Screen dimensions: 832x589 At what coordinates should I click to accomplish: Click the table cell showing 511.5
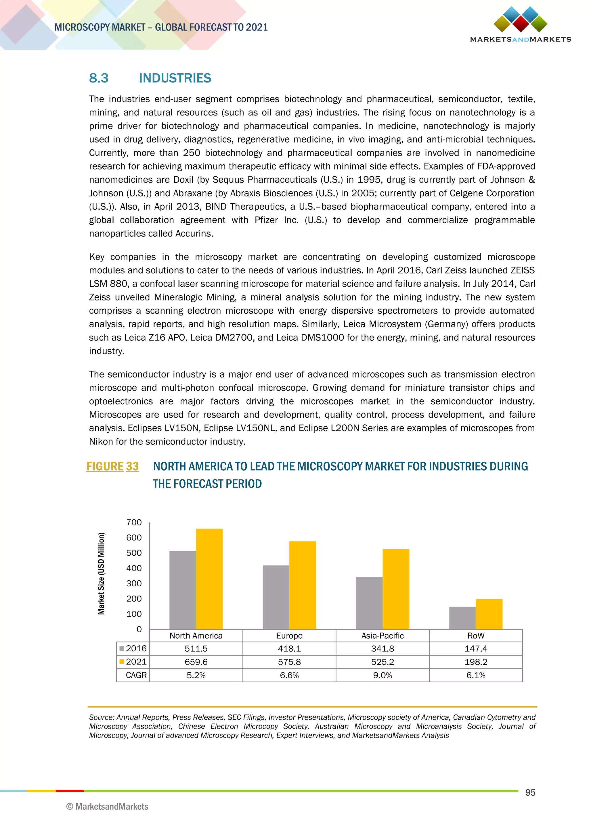(x=196, y=649)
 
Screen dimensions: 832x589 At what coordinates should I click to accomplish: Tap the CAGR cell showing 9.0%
(x=382, y=675)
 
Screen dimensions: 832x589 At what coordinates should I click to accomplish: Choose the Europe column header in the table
(x=289, y=635)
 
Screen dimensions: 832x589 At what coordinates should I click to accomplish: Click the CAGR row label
(x=136, y=675)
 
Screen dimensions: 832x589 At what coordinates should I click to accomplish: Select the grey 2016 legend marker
(x=122, y=648)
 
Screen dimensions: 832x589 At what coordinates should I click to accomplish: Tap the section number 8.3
(x=99, y=78)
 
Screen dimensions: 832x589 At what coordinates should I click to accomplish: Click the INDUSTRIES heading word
(x=175, y=78)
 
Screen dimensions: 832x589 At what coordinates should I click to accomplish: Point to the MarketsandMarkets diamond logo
(x=521, y=20)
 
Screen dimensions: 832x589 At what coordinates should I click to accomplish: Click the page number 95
(x=530, y=793)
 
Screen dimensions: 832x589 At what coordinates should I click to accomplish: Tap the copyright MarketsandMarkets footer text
(x=107, y=807)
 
